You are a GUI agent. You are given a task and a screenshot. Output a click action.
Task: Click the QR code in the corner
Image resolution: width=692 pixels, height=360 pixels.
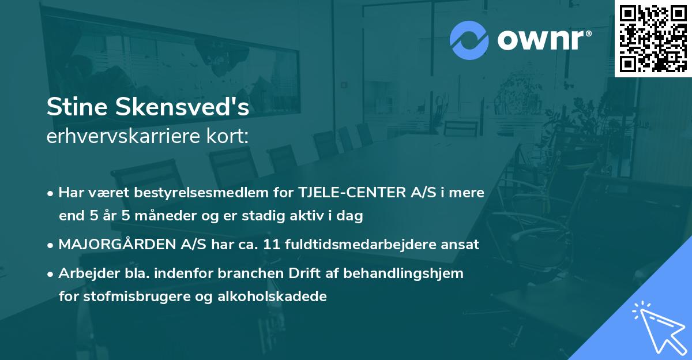coord(653,38)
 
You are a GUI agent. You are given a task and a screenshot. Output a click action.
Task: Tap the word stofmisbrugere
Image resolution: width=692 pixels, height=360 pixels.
coord(126,297)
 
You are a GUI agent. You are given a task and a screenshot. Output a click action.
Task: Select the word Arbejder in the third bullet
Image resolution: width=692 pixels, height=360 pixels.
coord(85,273)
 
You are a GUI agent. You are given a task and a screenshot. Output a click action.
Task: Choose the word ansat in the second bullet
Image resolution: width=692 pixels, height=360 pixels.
coord(460,244)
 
